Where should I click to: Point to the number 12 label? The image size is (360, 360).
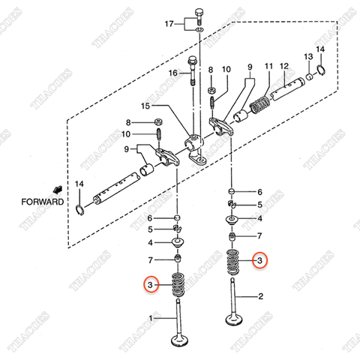(284, 67)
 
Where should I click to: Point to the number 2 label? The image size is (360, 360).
(260, 297)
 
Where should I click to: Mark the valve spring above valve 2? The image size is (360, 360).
(235, 261)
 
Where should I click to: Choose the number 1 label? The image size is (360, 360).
(152, 319)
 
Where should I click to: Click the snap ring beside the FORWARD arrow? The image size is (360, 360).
(80, 207)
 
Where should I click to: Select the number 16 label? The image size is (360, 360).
(172, 73)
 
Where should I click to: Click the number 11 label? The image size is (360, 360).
(268, 67)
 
